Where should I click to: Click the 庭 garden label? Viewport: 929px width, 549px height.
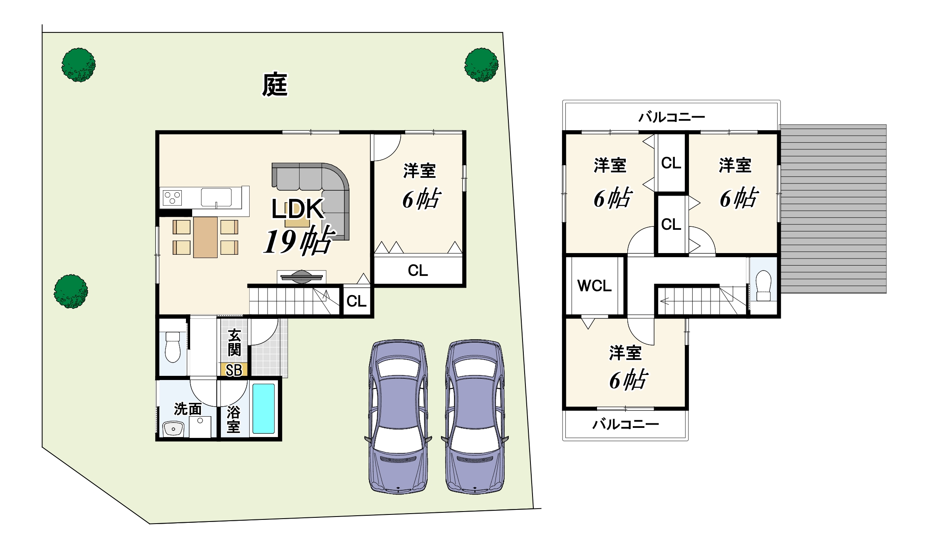[275, 84]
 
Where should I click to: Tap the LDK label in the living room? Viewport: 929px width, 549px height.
[297, 209]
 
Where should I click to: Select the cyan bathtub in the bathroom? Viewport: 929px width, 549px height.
[263, 408]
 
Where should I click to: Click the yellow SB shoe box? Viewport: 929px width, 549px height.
[234, 370]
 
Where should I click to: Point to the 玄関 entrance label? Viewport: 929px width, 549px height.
[234, 343]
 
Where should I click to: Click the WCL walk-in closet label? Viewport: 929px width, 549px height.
[595, 286]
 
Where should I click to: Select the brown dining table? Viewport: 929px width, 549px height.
[205, 237]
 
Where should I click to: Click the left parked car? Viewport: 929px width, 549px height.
[398, 416]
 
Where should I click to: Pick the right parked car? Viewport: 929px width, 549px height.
[475, 416]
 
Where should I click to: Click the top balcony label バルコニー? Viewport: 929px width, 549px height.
[671, 117]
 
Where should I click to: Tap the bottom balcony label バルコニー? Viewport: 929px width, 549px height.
[625, 424]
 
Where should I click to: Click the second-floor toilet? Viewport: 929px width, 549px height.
[763, 286]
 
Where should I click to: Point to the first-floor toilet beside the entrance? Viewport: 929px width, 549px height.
[173, 347]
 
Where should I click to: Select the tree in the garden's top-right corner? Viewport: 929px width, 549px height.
[481, 65]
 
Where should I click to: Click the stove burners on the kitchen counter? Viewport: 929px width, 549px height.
[172, 198]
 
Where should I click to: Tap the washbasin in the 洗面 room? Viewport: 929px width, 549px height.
[173, 429]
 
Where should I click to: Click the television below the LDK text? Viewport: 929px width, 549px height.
[302, 277]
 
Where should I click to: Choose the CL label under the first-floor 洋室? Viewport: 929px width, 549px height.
[418, 271]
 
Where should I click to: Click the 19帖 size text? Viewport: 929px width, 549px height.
[298, 241]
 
